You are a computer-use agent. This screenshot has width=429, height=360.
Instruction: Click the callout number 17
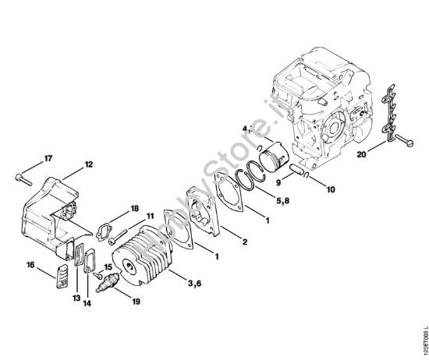coord(48,159)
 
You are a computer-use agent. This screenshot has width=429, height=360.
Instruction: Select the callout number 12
coord(88,164)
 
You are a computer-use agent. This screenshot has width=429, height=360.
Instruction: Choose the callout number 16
coord(31,265)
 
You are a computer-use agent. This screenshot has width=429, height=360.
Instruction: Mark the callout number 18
coord(135,208)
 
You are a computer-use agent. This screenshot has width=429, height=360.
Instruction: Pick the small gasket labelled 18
coord(104,231)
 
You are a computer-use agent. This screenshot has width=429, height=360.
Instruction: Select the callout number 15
coord(108,266)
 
